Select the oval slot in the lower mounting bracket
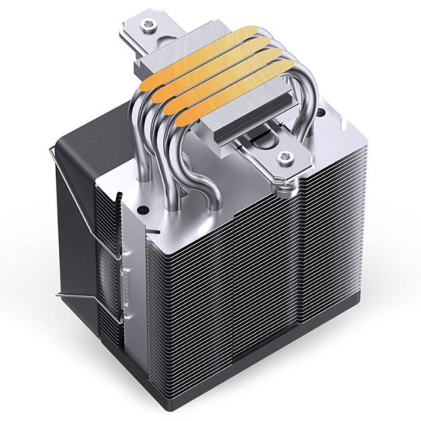coord(264,146)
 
